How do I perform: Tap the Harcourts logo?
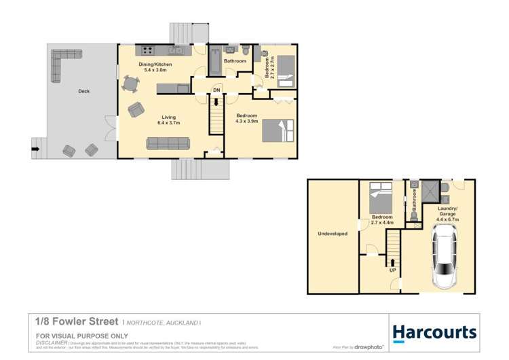434,332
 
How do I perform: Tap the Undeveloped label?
333,234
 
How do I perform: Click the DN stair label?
216,90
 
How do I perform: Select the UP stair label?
392,270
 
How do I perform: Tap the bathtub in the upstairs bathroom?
214,62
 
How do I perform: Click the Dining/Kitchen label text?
155,65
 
